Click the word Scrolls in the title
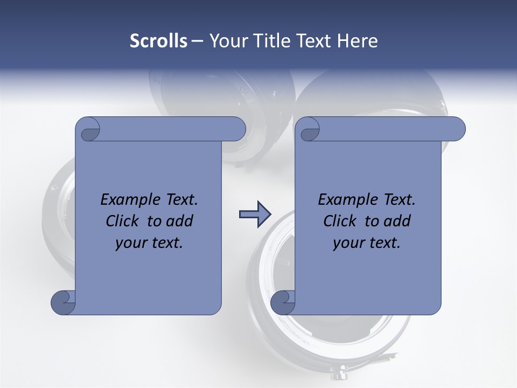coord(158,41)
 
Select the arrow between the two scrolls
coord(255,214)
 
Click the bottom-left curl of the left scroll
coord(63,302)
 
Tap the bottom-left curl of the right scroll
coord(283,302)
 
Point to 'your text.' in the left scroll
coord(149,242)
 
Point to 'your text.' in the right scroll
coord(367,242)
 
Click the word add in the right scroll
coord(398,221)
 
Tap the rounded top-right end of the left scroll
coord(237,129)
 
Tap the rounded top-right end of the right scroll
coord(457,129)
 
